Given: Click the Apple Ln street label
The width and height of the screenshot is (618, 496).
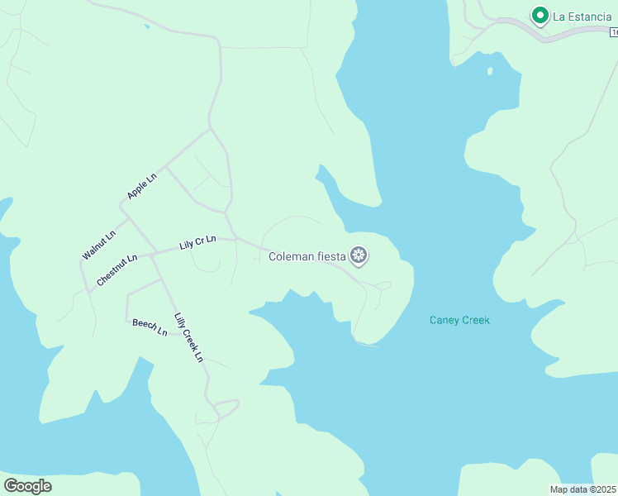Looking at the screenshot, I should click(142, 186).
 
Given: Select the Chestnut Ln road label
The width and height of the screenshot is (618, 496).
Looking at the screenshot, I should click(116, 265).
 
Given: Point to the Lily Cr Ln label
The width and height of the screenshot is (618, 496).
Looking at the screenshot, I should click(197, 243).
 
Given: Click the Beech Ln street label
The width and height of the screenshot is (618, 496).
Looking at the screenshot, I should click(150, 327).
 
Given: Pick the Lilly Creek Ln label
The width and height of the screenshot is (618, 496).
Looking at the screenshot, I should click(188, 337).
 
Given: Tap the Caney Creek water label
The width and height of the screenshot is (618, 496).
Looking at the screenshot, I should click(459, 320).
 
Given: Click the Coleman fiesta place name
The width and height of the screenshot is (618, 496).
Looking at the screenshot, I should click(307, 256).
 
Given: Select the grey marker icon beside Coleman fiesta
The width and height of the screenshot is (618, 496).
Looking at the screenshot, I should click(359, 256).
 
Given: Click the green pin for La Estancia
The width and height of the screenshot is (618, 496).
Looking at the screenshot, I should click(540, 16).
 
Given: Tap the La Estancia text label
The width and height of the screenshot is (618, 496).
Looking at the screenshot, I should click(582, 16).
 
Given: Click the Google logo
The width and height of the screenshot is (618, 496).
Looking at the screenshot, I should click(27, 486).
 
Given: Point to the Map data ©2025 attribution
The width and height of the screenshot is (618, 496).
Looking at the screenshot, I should click(582, 489).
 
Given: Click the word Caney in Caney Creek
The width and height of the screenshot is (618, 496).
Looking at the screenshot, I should click(444, 320).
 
